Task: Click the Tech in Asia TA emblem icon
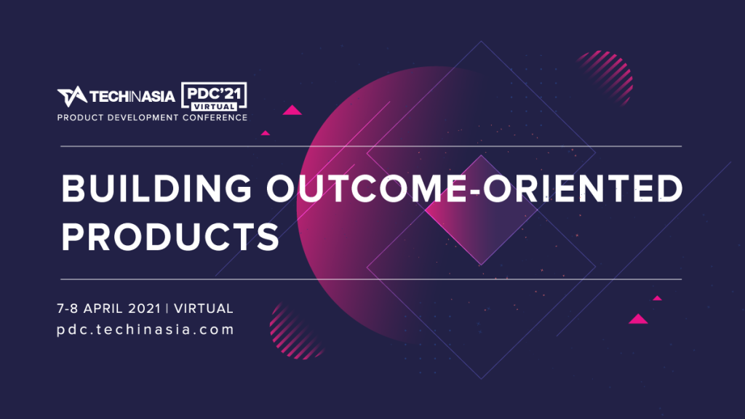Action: coord(72,97)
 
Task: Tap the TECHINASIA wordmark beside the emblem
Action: coord(132,97)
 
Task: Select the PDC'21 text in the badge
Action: coord(214,92)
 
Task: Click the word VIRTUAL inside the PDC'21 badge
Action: coord(214,106)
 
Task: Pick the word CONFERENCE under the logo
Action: coord(215,118)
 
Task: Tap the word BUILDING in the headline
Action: coord(157,188)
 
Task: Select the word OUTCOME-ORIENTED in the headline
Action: coord(474,188)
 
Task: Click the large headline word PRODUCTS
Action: coord(170,236)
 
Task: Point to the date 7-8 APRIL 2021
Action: coord(109,308)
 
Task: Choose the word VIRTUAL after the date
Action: coord(204,308)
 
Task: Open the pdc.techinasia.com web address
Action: coord(146,330)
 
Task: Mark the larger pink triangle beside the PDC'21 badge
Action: coord(292,111)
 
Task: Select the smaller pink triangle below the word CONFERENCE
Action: coord(266,133)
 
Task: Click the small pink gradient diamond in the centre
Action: coord(481,210)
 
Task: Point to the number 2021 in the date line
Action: coord(145,308)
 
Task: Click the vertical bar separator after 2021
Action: coord(167,308)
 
